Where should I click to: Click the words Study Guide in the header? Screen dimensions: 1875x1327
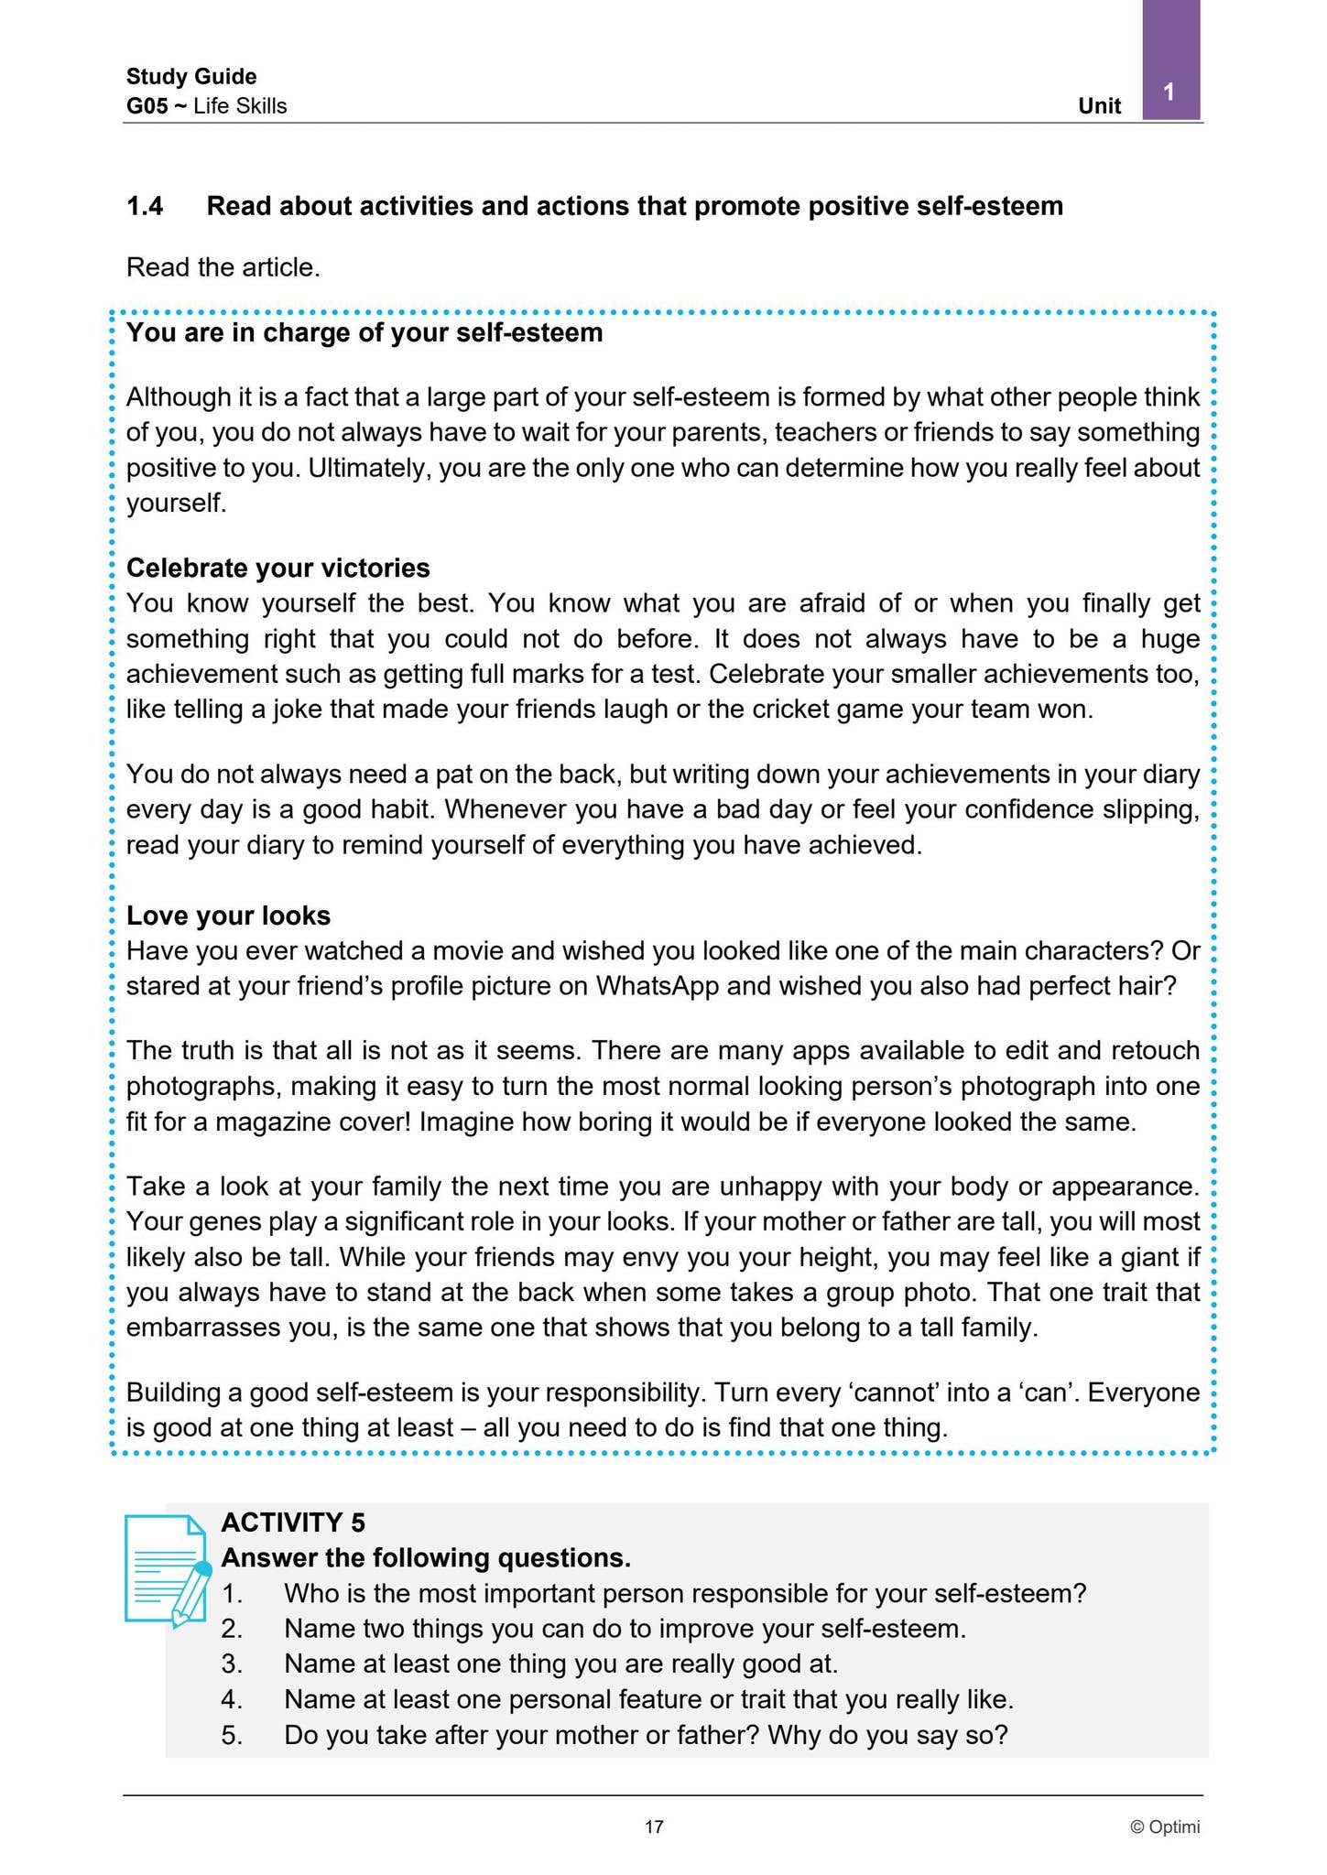(x=191, y=76)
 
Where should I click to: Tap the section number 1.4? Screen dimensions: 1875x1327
(x=145, y=207)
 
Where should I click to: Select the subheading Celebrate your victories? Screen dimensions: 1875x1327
(x=277, y=569)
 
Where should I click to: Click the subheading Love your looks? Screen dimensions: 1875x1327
(x=228, y=916)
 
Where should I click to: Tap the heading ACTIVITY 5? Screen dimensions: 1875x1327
(x=293, y=1523)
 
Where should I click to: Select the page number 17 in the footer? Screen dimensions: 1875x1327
(x=654, y=1827)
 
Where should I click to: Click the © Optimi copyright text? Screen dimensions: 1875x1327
(x=1164, y=1827)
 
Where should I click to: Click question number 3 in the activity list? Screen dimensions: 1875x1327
(x=232, y=1663)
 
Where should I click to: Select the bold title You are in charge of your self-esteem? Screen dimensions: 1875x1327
(x=364, y=332)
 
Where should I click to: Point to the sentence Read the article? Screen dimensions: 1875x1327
(x=223, y=267)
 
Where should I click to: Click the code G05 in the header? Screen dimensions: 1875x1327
(x=147, y=106)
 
